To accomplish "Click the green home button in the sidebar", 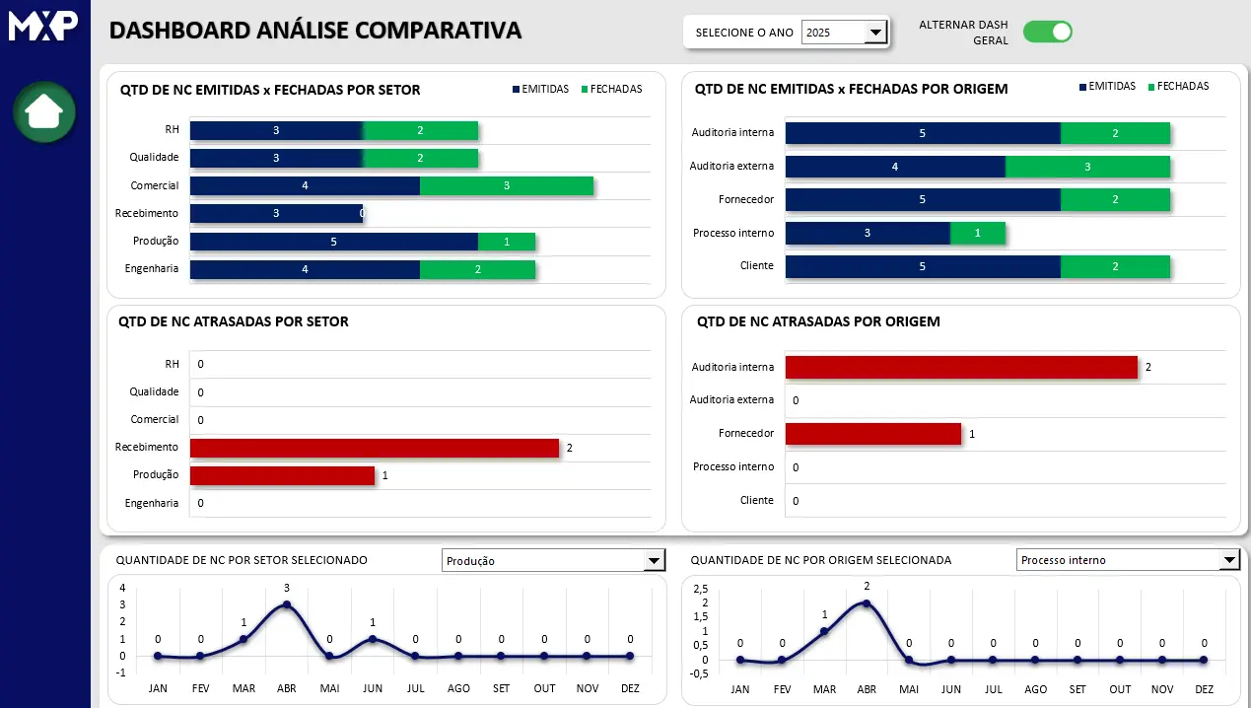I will (44, 111).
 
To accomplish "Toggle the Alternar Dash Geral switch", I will (1047, 32).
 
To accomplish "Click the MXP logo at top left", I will (43, 27).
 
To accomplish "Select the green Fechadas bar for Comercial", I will (507, 185).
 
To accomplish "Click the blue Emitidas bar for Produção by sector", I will (333, 242).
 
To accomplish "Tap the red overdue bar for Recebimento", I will (375, 448).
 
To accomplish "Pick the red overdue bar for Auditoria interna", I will (961, 367).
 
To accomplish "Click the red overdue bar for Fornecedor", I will (872, 434).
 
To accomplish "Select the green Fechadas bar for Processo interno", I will (978, 233).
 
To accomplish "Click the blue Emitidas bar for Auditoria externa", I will (895, 167).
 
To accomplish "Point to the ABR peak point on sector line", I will (287, 604).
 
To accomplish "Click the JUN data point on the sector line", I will (373, 639).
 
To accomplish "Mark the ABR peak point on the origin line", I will (867, 603).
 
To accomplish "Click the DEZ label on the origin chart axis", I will (1204, 689).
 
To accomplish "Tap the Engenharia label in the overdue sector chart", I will (152, 503).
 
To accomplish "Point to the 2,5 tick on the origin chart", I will (701, 589).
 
